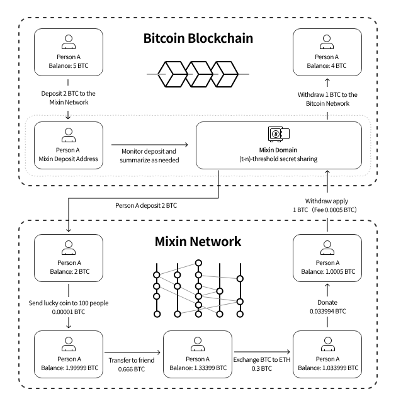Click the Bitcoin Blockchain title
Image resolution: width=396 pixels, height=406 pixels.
(x=198, y=38)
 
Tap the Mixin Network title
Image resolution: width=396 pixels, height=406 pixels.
(x=198, y=242)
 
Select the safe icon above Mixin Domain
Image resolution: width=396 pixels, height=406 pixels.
(x=279, y=134)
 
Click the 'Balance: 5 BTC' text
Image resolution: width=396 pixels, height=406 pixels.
(x=69, y=65)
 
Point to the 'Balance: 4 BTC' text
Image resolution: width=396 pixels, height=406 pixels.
(x=327, y=65)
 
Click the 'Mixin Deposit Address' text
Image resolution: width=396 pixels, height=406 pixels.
(x=69, y=159)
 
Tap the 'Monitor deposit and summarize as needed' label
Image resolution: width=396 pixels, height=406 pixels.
(x=149, y=155)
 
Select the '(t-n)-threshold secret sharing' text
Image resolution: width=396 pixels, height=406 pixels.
(x=278, y=159)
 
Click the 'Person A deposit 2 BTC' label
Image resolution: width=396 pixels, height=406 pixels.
(x=146, y=206)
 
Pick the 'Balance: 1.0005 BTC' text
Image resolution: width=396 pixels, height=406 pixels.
(x=327, y=272)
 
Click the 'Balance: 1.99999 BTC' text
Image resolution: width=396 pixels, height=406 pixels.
(x=70, y=368)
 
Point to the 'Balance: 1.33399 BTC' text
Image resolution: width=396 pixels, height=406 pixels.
(x=198, y=368)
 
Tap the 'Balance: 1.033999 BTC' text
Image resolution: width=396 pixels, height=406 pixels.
(x=328, y=368)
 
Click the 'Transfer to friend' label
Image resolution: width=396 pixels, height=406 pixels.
(x=132, y=361)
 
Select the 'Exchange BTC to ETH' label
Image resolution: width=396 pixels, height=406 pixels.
(x=262, y=360)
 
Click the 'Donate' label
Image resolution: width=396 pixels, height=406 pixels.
(x=327, y=302)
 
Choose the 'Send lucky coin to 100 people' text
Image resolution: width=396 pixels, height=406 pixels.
(x=69, y=303)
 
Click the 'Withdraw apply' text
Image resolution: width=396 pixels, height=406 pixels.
(x=327, y=201)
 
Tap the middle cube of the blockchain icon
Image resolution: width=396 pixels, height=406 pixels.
(x=198, y=74)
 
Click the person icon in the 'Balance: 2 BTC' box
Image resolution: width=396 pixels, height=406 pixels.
(x=69, y=247)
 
